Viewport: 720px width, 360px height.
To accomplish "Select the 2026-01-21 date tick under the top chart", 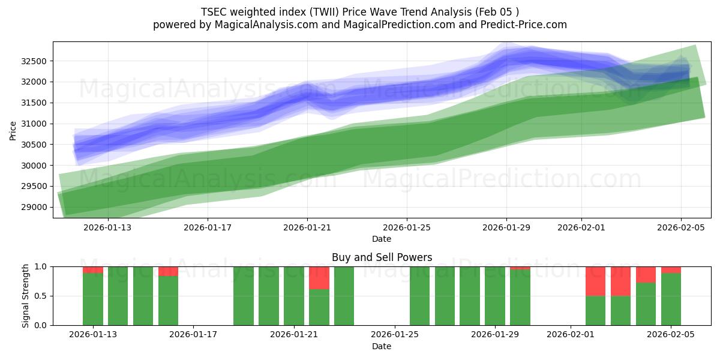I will [307, 227].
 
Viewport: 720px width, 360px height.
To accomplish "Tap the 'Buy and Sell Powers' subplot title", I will [382, 257].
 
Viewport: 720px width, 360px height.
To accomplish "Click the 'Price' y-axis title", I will [13, 130].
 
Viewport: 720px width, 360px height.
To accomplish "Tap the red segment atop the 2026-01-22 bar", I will [319, 278].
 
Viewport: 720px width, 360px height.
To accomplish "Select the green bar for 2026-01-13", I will [93, 299].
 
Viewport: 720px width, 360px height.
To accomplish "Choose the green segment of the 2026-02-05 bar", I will [671, 299].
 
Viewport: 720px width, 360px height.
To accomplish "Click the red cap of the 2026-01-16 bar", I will [169, 271].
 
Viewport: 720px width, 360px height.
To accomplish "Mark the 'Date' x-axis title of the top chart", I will [382, 239].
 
